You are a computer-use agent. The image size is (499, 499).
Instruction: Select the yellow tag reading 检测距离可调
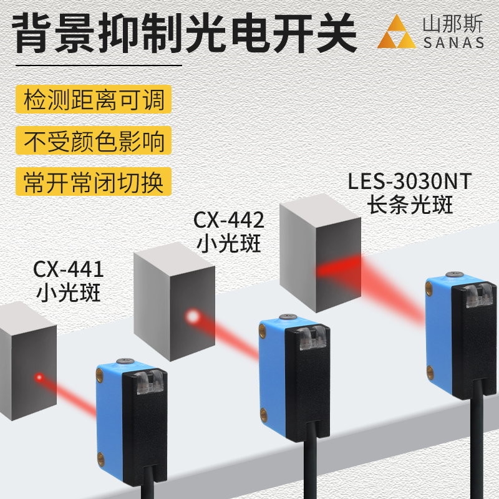94,100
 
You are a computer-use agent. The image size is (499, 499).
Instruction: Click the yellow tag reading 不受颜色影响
94,141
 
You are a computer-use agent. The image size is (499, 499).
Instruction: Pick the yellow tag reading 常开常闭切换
94,182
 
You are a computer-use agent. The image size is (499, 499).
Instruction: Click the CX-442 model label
229,220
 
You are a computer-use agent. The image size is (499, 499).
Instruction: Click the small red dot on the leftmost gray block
39,377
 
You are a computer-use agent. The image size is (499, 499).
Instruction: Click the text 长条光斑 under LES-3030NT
410,205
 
